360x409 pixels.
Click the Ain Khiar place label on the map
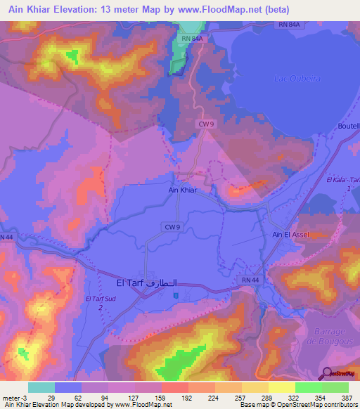(181, 190)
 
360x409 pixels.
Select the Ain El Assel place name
(290, 235)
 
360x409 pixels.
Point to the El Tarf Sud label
(99, 304)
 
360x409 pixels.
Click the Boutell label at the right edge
(349, 126)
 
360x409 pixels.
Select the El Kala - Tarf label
(342, 181)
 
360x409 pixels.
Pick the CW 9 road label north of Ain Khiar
(204, 123)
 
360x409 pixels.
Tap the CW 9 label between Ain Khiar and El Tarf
(172, 226)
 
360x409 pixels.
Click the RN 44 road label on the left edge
(6, 238)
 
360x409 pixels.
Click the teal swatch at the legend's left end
(41, 387)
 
